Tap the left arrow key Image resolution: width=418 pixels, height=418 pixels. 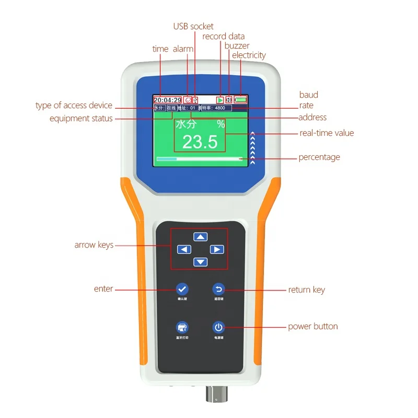tap(184, 249)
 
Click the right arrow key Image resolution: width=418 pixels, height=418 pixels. tap(217, 249)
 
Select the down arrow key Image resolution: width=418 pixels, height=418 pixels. tap(201, 262)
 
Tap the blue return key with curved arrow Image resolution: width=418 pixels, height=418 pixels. tap(218, 288)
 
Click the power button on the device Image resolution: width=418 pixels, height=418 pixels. tap(218, 328)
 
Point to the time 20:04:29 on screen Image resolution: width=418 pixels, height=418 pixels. tap(167, 100)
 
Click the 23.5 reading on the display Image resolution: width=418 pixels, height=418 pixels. tap(200, 142)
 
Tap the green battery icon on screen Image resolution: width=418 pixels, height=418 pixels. tap(241, 99)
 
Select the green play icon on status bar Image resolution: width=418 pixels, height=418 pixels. tap(220, 99)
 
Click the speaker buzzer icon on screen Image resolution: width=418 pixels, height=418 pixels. tap(229, 99)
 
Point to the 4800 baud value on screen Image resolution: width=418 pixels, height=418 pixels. tap(219, 108)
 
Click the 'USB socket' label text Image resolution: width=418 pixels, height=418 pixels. tap(193, 26)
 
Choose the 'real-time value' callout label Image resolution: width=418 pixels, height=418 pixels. tap(327, 133)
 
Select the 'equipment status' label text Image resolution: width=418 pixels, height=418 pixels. tap(81, 119)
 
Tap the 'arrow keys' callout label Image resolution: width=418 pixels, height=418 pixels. tap(94, 245)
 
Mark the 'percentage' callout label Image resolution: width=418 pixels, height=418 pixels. tap(319, 157)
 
